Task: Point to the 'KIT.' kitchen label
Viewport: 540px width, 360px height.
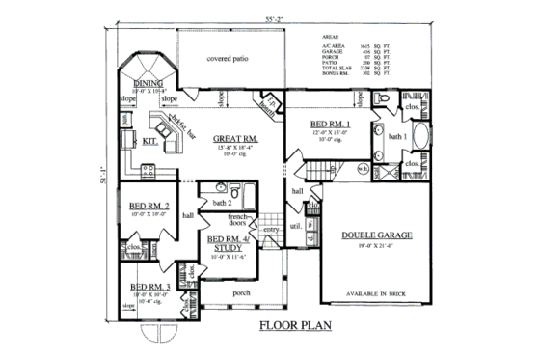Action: tap(150, 141)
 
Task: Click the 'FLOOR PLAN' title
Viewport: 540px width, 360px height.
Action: tap(295, 326)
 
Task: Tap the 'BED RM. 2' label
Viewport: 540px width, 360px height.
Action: tap(148, 207)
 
